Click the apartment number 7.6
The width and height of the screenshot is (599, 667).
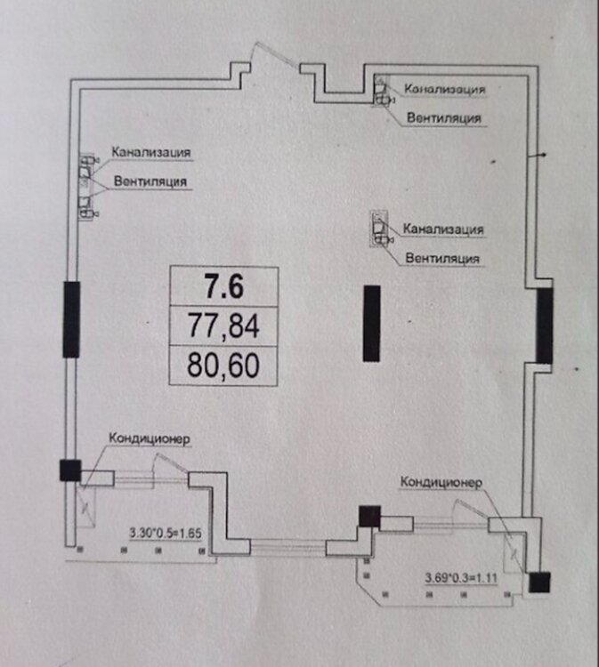223,285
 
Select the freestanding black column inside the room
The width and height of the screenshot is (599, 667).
372,322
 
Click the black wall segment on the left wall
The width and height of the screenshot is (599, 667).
71,319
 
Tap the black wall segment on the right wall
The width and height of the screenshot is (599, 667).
544,328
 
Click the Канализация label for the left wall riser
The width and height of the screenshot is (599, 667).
151,151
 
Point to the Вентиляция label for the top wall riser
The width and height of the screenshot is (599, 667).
444,117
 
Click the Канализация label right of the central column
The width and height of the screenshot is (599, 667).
442,229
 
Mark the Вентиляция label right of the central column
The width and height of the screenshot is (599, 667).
442,258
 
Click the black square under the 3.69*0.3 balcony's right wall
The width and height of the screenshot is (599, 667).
538,583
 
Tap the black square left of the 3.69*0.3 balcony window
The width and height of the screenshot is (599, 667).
368,516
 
